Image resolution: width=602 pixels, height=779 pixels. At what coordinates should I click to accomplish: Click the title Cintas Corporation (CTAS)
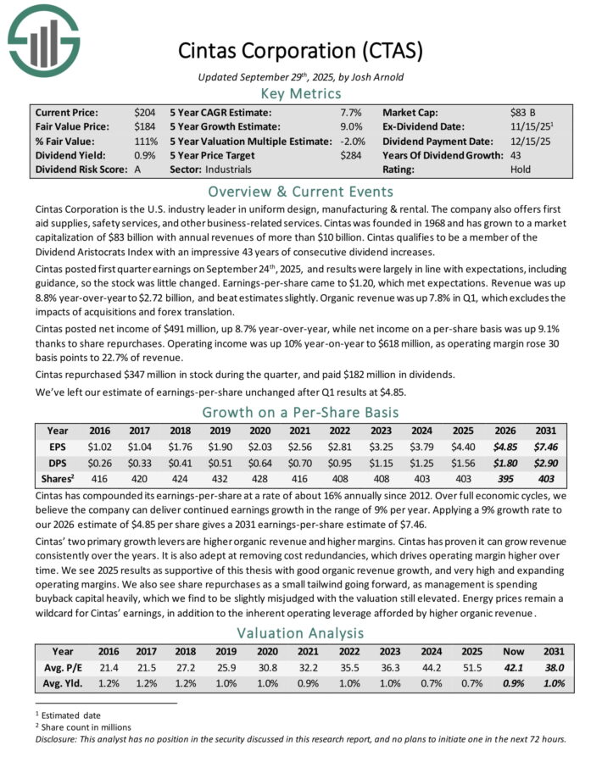click(x=301, y=51)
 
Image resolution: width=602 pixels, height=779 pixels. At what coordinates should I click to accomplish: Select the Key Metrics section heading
click(x=301, y=94)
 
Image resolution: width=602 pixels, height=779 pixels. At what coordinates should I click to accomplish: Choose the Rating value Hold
click(x=521, y=170)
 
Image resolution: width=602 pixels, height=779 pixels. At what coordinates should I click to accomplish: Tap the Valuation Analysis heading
click(x=301, y=632)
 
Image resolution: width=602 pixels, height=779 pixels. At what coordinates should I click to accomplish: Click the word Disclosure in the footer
click(x=58, y=738)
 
